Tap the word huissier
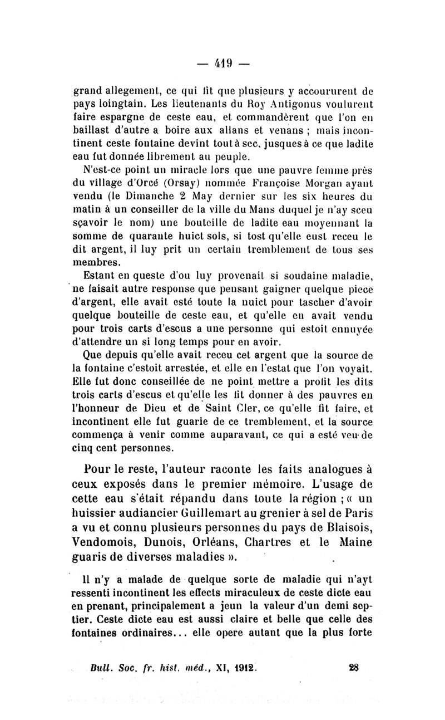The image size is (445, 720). [x=98, y=514]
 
